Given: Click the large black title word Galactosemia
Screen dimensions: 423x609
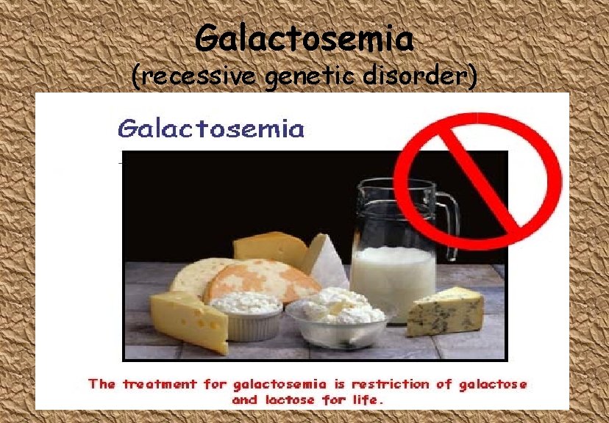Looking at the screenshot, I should click(x=304, y=38).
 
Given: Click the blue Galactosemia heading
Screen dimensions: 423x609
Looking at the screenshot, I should click(x=210, y=129).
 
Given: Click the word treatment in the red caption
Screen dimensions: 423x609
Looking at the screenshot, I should click(x=160, y=384).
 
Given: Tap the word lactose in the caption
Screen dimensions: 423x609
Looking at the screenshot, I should click(x=289, y=400).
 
